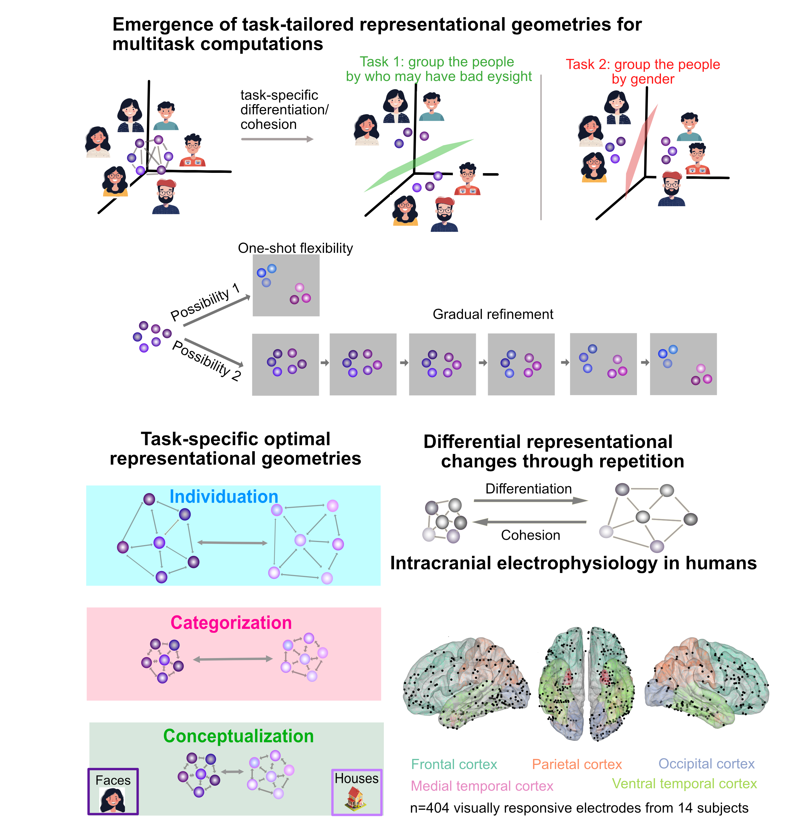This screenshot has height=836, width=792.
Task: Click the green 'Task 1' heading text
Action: click(438, 69)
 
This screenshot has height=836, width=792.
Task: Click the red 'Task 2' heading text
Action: click(643, 71)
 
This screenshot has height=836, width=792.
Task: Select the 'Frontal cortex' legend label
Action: click(454, 764)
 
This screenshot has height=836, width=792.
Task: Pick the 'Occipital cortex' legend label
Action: click(706, 763)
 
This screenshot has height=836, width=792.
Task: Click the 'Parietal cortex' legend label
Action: click(577, 764)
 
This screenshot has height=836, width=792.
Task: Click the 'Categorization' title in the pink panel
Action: click(231, 623)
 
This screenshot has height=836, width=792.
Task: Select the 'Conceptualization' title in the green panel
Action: click(238, 736)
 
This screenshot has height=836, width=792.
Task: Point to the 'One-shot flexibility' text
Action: click(295, 248)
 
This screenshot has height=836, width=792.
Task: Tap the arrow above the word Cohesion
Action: click(529, 522)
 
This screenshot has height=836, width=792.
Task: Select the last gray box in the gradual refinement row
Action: click(683, 364)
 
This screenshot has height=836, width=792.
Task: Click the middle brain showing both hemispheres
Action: click(586, 684)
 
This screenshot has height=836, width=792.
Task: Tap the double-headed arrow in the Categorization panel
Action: click(233, 659)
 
